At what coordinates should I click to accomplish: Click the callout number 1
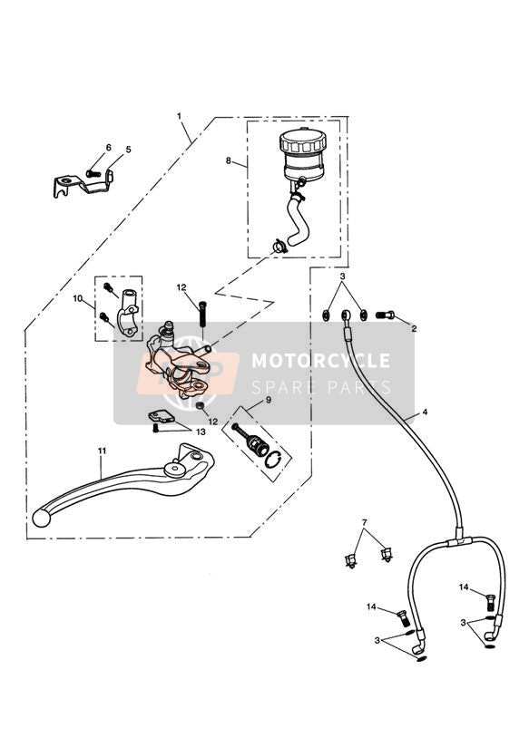pyautogui.click(x=180, y=116)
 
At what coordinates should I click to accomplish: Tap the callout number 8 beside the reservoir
pyautogui.click(x=229, y=161)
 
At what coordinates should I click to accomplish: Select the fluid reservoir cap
pyautogui.click(x=302, y=141)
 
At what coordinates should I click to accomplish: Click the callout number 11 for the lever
pyautogui.click(x=102, y=451)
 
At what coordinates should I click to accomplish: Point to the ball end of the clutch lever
pyautogui.click(x=41, y=518)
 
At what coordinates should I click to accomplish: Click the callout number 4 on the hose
pyautogui.click(x=425, y=412)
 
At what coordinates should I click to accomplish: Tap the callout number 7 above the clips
pyautogui.click(x=365, y=522)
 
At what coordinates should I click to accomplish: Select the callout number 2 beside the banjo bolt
pyautogui.click(x=414, y=329)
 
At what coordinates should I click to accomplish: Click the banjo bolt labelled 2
pyautogui.click(x=386, y=315)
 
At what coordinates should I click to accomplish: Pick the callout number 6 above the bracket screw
pyautogui.click(x=108, y=148)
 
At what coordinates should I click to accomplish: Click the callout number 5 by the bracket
pyautogui.click(x=128, y=150)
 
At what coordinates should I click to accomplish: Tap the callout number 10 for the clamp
pyautogui.click(x=78, y=298)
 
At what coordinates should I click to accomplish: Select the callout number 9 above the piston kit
pyautogui.click(x=269, y=400)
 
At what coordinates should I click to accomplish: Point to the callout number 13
pyautogui.click(x=201, y=432)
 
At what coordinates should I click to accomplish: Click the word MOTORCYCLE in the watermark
pyautogui.click(x=320, y=361)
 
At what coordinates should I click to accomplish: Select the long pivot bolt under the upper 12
pyautogui.click(x=202, y=314)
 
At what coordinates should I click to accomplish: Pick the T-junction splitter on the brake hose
pyautogui.click(x=460, y=541)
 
